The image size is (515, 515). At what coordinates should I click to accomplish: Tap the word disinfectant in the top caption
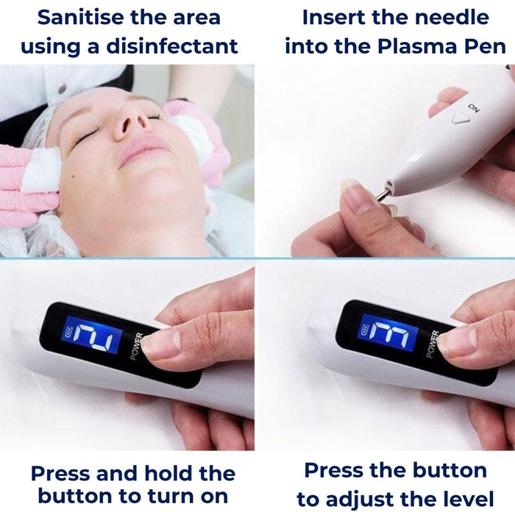172,46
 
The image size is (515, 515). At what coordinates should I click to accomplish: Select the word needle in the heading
452,17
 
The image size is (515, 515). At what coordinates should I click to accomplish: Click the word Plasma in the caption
418,46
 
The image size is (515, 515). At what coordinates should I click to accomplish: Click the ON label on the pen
473,107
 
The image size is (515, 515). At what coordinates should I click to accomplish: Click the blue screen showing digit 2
92,335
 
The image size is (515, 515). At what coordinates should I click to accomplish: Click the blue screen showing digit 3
388,333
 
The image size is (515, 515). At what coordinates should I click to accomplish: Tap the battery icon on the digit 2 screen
69,331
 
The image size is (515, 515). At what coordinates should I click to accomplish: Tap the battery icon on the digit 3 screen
365,329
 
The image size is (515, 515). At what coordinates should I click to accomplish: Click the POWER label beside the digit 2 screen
137,347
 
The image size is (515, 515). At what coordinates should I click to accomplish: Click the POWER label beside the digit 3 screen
433,344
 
